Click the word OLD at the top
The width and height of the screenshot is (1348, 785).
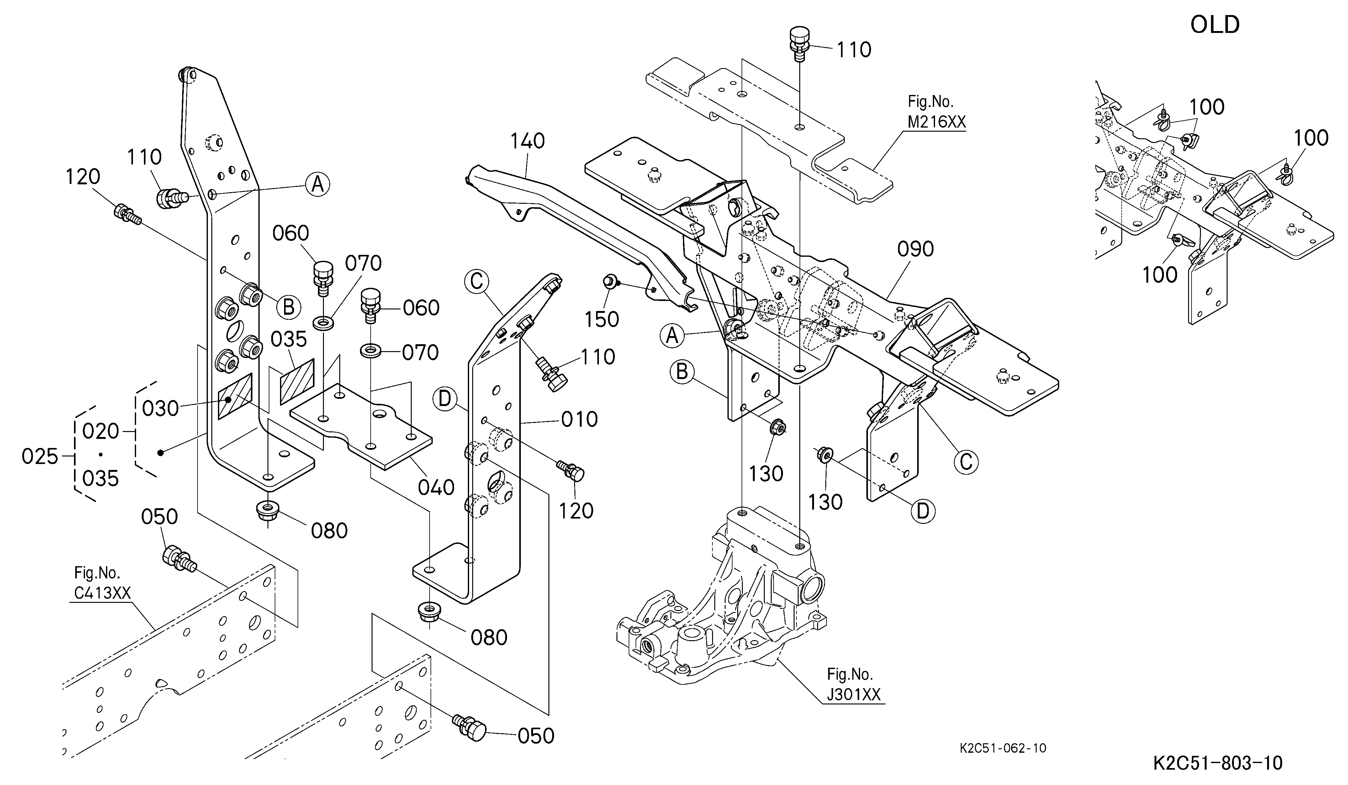tap(1214, 24)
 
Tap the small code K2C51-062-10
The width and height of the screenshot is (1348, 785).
tap(1003, 748)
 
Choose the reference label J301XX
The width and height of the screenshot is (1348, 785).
tap(854, 695)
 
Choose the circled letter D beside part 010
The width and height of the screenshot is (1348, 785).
tap(446, 399)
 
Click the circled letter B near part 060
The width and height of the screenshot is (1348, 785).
tap(288, 308)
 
